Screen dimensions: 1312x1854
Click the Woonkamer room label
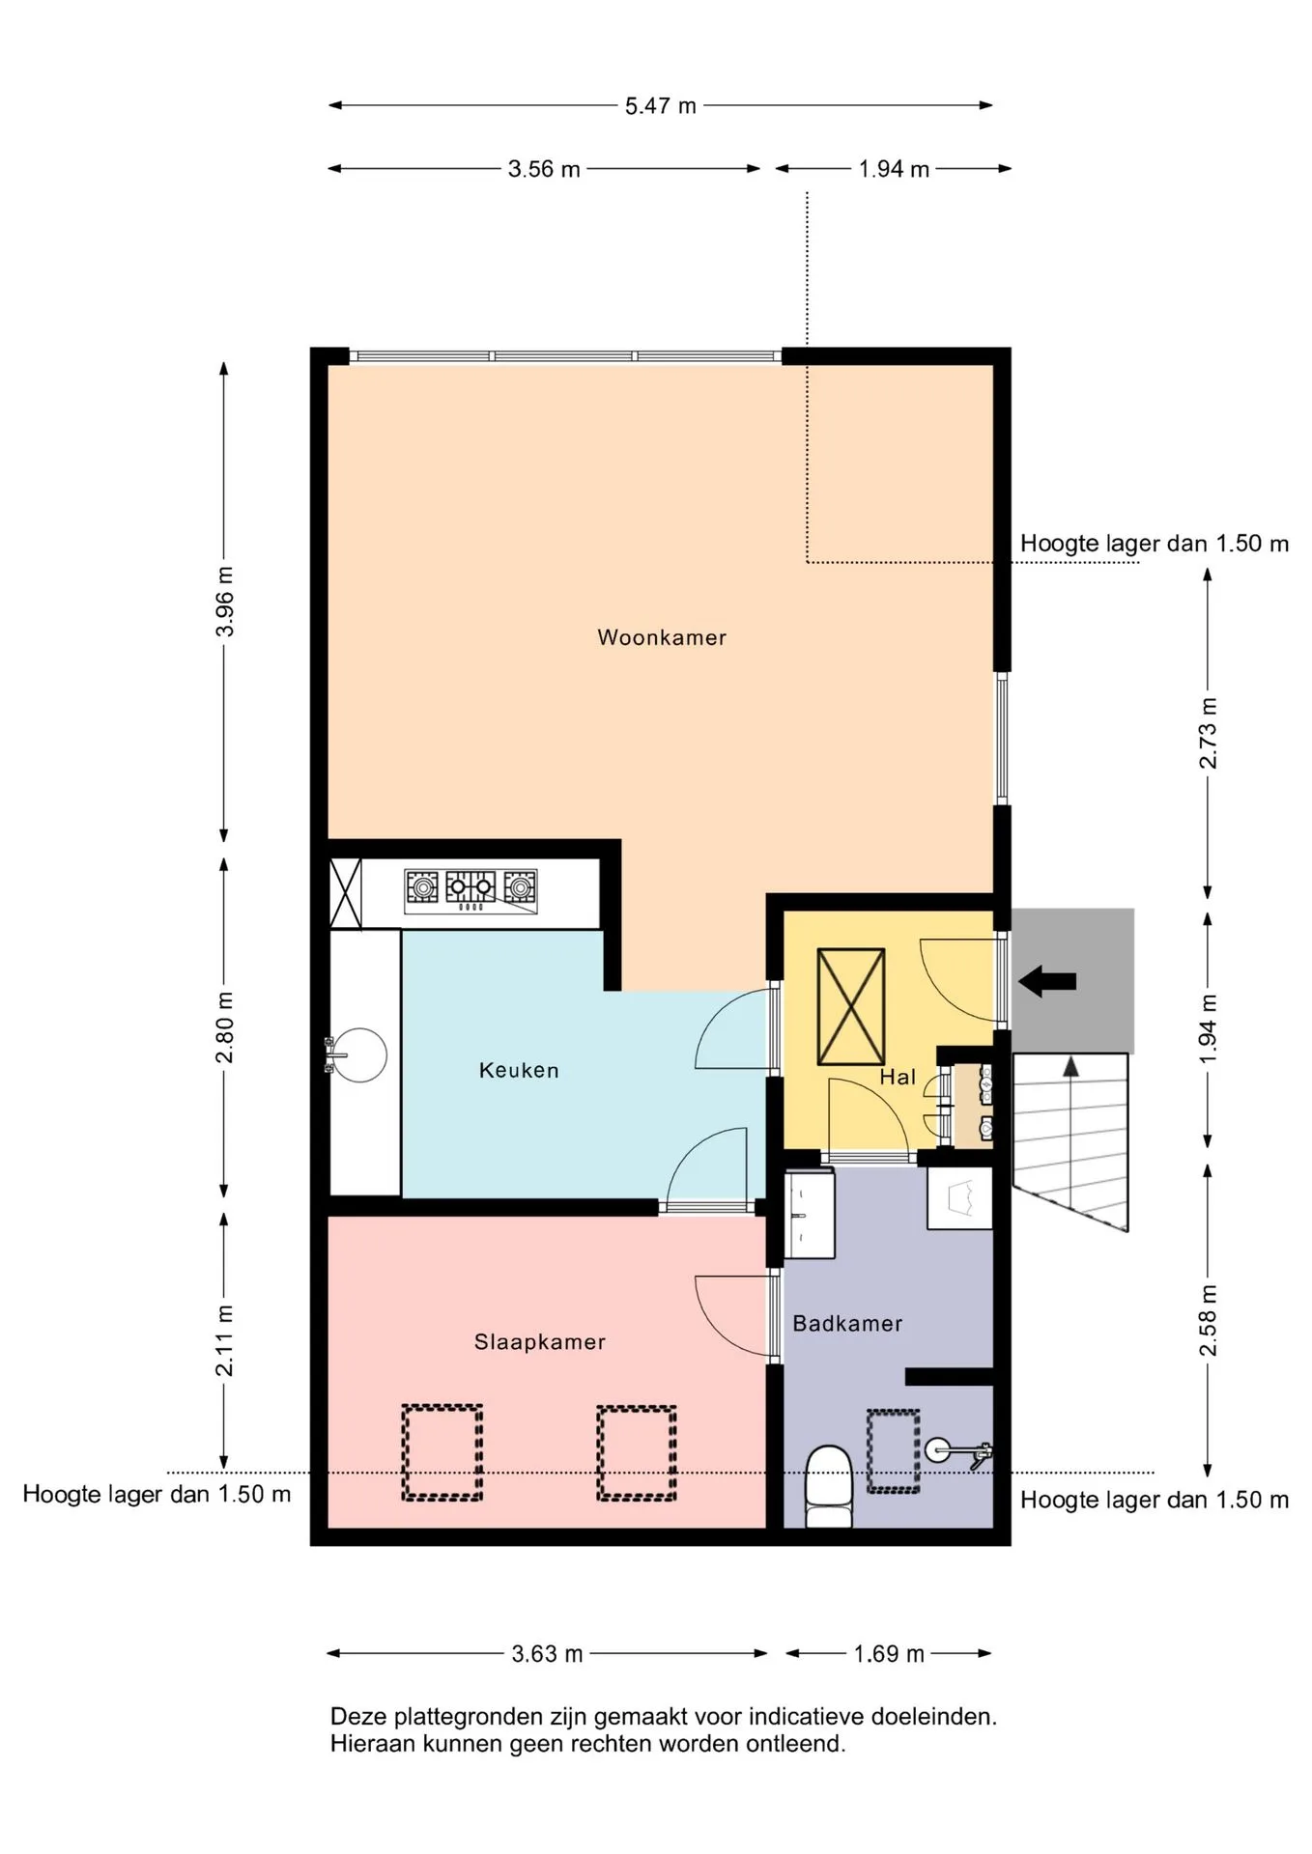click(x=662, y=637)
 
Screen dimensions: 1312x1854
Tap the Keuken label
click(x=519, y=1070)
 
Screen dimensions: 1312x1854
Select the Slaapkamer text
click(x=540, y=1342)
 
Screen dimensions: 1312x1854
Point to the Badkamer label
click(x=847, y=1323)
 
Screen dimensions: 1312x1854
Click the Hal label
click(x=898, y=1077)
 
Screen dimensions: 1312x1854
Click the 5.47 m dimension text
click(x=661, y=106)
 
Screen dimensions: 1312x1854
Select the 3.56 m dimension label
click(x=544, y=169)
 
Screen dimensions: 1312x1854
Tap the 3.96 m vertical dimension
click(x=225, y=601)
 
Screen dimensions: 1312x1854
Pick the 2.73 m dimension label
click(x=1208, y=733)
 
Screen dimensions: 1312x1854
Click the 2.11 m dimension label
click(x=225, y=1340)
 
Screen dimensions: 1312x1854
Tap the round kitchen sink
click(x=359, y=1055)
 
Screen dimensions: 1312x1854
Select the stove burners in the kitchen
click(x=471, y=891)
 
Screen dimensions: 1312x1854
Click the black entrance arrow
click(x=1047, y=982)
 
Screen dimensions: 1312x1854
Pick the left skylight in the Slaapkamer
click(x=442, y=1452)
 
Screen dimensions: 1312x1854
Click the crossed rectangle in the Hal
click(x=851, y=1006)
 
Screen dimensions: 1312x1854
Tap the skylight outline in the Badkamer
click(x=893, y=1451)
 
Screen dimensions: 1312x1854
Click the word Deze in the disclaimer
click(x=358, y=1717)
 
